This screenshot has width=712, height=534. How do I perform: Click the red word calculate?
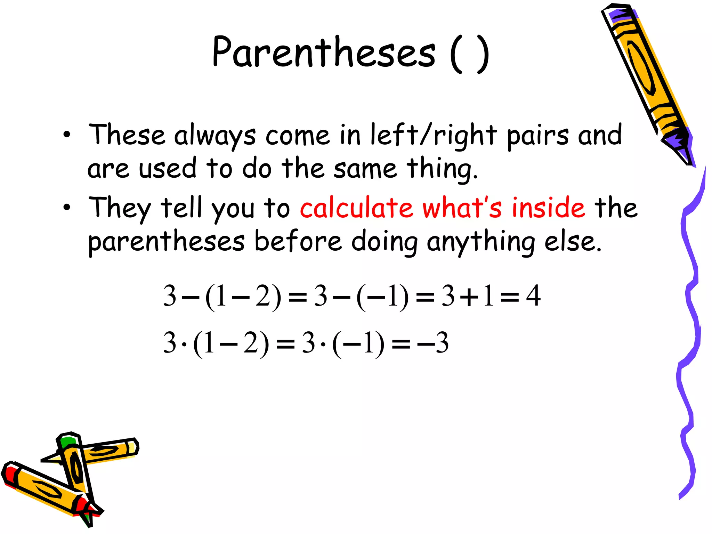pyautogui.click(x=356, y=208)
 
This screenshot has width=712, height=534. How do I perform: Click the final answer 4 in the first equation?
pyautogui.click(x=533, y=296)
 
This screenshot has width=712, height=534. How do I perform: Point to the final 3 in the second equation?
pyautogui.click(x=442, y=343)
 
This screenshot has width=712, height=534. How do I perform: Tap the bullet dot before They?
pyautogui.click(x=67, y=208)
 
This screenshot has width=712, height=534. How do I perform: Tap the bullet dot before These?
pyautogui.click(x=67, y=135)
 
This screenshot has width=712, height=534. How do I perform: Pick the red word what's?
pyautogui.click(x=462, y=208)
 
